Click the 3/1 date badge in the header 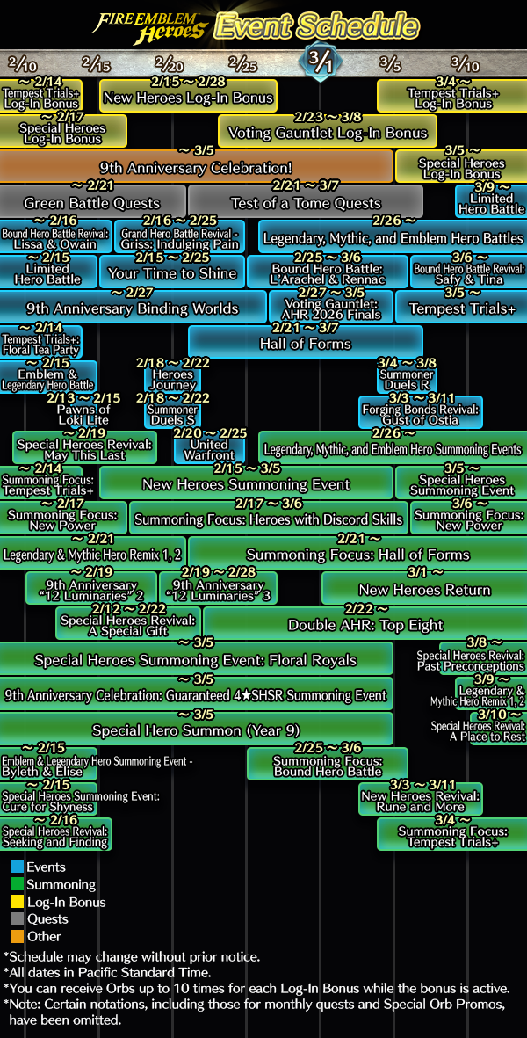(x=320, y=62)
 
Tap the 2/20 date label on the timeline (x=169, y=65)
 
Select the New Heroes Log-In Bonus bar (x=188, y=98)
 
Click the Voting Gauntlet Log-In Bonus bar (x=328, y=133)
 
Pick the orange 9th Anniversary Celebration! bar (x=196, y=167)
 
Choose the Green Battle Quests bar (x=92, y=203)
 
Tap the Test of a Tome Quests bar (x=305, y=203)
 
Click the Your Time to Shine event (x=172, y=273)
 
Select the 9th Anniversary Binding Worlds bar (x=132, y=308)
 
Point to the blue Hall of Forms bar (x=305, y=344)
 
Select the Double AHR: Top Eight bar (x=365, y=625)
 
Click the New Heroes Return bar (x=424, y=590)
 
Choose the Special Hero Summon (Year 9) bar (x=196, y=730)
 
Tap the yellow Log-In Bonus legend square (x=18, y=902)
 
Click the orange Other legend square (x=18, y=936)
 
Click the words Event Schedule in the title (x=316, y=25)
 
